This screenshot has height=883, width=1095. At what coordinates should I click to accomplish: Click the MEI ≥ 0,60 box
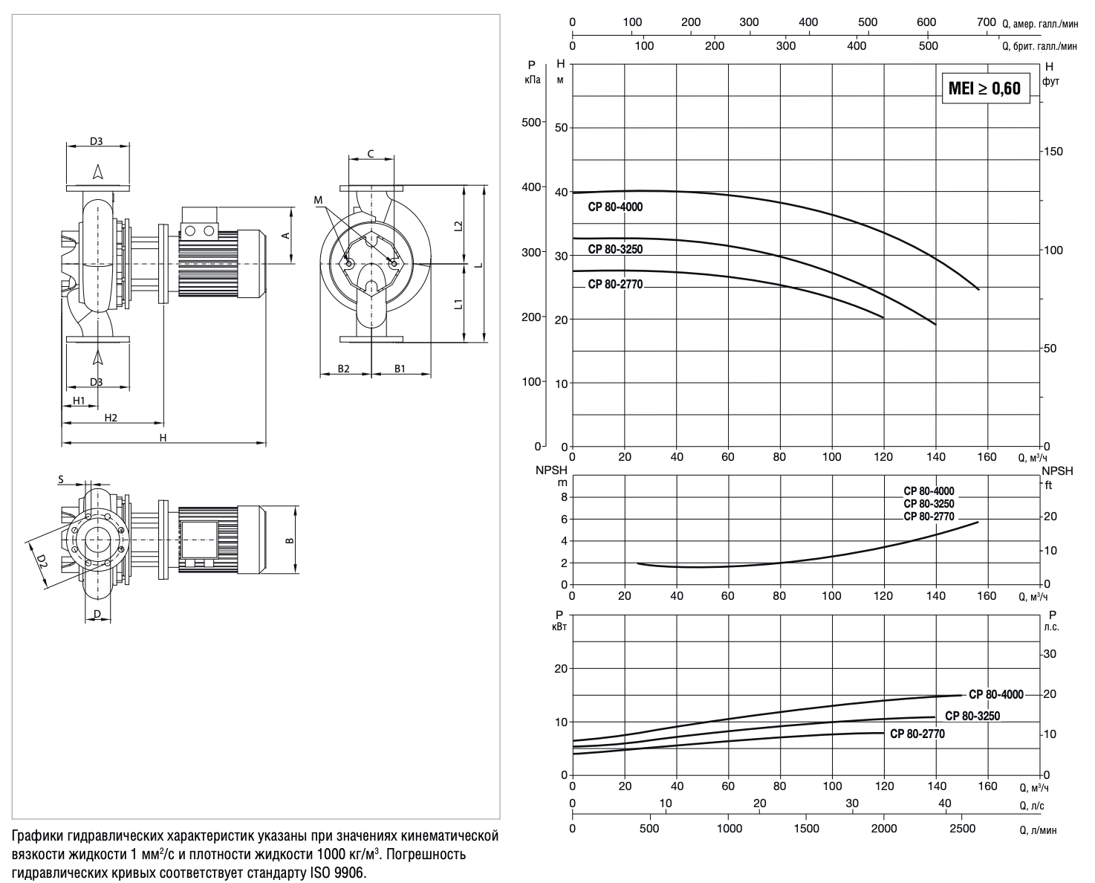pyautogui.click(x=986, y=88)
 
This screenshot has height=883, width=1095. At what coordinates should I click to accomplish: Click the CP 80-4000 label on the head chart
pyautogui.click(x=615, y=207)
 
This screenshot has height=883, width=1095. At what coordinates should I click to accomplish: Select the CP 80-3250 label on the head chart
pyautogui.click(x=615, y=249)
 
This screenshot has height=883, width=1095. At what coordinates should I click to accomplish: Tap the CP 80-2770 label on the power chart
pyautogui.click(x=917, y=734)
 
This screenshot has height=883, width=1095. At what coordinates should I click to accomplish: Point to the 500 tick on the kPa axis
pyautogui.click(x=531, y=123)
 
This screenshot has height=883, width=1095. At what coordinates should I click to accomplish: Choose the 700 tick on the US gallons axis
pyautogui.click(x=986, y=22)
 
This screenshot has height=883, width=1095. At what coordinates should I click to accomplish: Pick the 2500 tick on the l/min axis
pyautogui.click(x=963, y=829)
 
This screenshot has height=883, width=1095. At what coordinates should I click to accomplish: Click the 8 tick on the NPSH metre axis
pyautogui.click(x=564, y=497)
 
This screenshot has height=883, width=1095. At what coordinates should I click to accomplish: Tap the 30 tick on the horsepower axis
pyautogui.click(x=1050, y=654)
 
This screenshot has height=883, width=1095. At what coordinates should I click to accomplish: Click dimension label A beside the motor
pyautogui.click(x=286, y=236)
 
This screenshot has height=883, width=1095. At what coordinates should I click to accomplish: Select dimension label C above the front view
pyautogui.click(x=371, y=154)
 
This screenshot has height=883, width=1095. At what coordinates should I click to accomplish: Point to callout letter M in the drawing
pyautogui.click(x=318, y=200)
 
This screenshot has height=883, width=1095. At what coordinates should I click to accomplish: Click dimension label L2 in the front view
pyautogui.click(x=458, y=226)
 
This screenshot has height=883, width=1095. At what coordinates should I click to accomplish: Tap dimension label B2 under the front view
pyautogui.click(x=343, y=369)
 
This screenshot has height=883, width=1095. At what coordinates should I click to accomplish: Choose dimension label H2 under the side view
pyautogui.click(x=111, y=418)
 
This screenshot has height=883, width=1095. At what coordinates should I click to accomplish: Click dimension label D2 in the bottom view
pyautogui.click(x=42, y=562)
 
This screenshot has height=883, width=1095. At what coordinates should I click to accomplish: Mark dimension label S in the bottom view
pyautogui.click(x=61, y=479)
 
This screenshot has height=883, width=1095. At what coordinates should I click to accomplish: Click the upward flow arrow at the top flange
pyautogui.click(x=98, y=172)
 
